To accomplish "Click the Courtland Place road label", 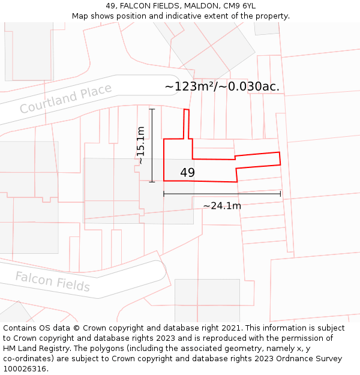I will coord(65,98).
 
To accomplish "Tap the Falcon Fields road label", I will coord(52,281).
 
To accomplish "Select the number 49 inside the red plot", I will coord(187,173).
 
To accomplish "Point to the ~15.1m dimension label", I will coord(140,145).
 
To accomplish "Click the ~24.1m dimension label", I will coord(222,206).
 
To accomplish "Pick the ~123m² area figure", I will coord(188,86).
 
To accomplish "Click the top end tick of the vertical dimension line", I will coord(152,109).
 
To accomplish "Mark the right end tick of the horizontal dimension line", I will coord(280,194).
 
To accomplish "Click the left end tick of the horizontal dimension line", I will coord(164,194).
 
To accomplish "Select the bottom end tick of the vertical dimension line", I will coord(152,181).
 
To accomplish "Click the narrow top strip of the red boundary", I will coord(187,123).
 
